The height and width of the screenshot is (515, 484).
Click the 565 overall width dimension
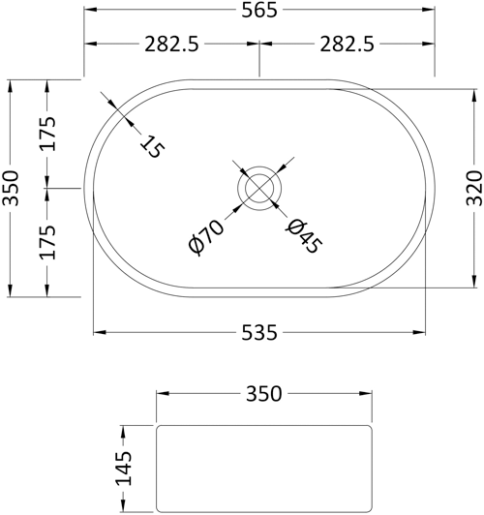tap(258, 12)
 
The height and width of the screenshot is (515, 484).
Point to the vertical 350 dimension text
tap(11, 188)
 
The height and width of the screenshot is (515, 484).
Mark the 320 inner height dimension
tap(472, 188)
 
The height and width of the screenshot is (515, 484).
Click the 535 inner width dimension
tap(258, 333)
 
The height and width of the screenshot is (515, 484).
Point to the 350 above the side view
tap(263, 394)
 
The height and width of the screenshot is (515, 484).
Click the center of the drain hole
tap(259, 188)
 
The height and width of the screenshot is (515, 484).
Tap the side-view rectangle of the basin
tap(263, 468)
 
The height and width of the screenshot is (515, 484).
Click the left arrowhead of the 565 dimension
tap(89, 12)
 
